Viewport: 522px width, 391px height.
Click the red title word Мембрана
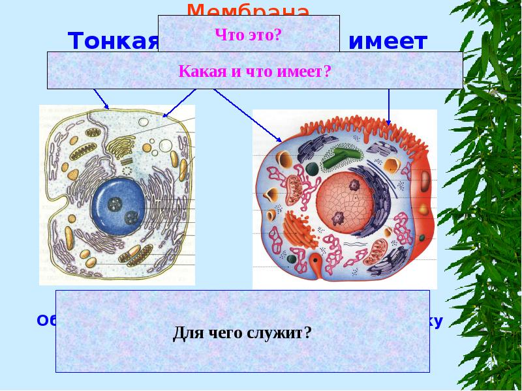247,10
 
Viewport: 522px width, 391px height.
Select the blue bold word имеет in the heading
388,42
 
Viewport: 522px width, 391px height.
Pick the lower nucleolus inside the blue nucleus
130,216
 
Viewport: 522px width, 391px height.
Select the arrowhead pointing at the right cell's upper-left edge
279,139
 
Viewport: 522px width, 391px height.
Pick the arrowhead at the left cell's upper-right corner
165,115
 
